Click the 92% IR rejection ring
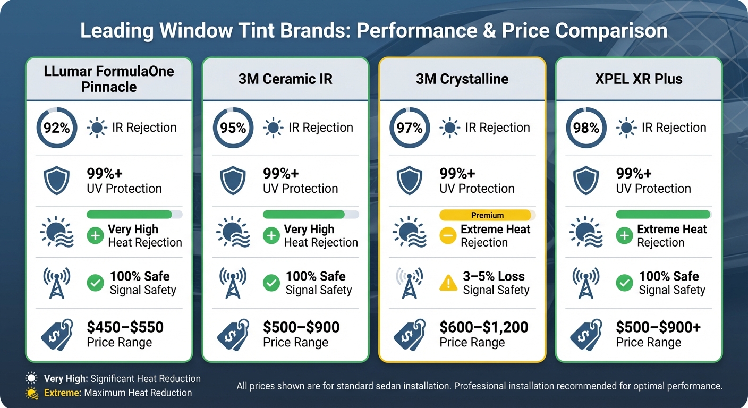tap(57, 128)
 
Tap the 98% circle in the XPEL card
tap(586, 128)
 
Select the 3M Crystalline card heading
tap(462, 79)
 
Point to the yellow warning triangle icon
tap(448, 283)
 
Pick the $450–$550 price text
tap(125, 327)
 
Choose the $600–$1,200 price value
tap(483, 327)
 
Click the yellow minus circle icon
tap(448, 236)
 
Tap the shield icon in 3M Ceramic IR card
tap(233, 181)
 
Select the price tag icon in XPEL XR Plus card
tap(586, 334)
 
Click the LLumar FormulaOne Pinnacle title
tap(109, 79)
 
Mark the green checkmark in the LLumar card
tap(95, 283)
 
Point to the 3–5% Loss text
tap(494, 276)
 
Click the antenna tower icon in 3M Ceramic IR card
tap(233, 283)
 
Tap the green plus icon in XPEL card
tap(624, 236)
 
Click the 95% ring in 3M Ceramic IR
tap(233, 128)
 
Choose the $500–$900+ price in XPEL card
tap(658, 327)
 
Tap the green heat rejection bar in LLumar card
tap(129, 215)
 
